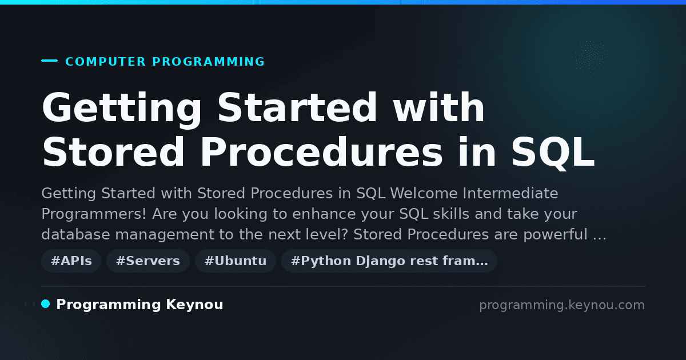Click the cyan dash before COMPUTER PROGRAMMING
point(49,61)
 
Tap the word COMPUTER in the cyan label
point(105,62)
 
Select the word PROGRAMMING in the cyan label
point(208,62)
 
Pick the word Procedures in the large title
point(321,152)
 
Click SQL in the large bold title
point(553,153)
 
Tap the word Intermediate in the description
point(510,193)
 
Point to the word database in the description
point(75,234)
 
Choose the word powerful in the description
point(555,235)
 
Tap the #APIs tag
point(71,261)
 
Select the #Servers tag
point(148,261)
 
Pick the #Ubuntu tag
point(236,261)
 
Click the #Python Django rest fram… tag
point(389,261)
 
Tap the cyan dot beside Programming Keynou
point(46,304)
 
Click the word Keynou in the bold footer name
point(194,305)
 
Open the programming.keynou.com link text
point(562,305)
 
